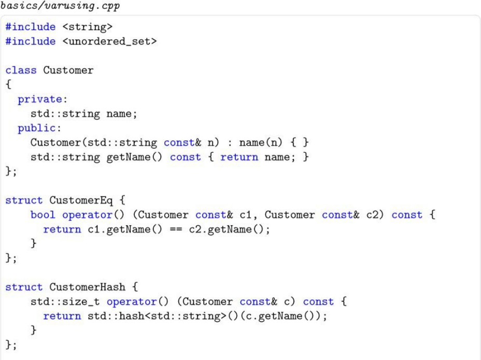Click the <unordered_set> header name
tap(113, 41)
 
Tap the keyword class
tap(21, 70)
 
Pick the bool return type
tap(43, 215)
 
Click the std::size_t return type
tap(65, 301)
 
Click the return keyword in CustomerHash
tap(62, 316)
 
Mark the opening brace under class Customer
tap(8, 85)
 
